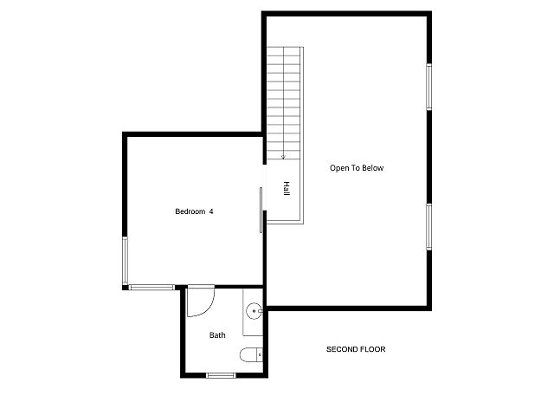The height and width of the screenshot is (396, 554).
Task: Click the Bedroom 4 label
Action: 194,211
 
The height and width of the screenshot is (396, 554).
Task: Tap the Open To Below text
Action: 357,168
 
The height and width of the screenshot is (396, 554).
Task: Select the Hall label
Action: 287,188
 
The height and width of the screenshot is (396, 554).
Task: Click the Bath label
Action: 217,334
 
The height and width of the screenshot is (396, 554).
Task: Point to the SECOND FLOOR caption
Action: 356,349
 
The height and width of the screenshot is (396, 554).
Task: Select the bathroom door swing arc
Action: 209,308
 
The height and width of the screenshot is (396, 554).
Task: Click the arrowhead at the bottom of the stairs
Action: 283,157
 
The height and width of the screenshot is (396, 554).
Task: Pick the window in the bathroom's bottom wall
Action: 221,375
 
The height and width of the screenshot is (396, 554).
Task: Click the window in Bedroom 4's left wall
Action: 125,261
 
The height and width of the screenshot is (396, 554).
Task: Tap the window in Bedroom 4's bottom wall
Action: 151,288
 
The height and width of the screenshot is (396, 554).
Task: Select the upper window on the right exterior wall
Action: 429,87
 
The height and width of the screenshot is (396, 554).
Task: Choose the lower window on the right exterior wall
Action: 429,227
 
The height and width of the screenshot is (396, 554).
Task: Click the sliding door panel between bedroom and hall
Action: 261,210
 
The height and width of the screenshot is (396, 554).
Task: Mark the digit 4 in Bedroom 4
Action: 211,211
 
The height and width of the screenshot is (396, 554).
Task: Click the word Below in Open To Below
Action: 372,168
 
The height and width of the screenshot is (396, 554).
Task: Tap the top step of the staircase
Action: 283,52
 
